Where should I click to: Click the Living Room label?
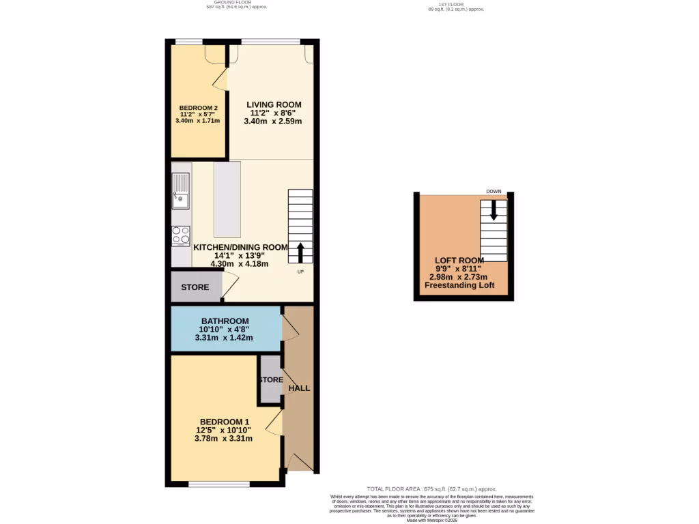273,104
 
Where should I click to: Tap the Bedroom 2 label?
198,108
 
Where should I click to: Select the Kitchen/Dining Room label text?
240,247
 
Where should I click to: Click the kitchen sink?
181,191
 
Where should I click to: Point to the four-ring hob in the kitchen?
181,235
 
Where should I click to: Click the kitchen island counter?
227,198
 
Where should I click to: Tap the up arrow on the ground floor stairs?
300,252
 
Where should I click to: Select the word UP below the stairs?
300,272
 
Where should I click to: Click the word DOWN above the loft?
494,191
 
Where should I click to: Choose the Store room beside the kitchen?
195,287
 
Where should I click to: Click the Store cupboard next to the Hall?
270,380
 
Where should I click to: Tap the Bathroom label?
225,321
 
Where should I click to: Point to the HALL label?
299,388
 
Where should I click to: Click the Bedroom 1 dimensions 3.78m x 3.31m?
225,438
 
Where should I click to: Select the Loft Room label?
459,260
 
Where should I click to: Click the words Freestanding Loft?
459,286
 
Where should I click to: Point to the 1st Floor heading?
456,4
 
